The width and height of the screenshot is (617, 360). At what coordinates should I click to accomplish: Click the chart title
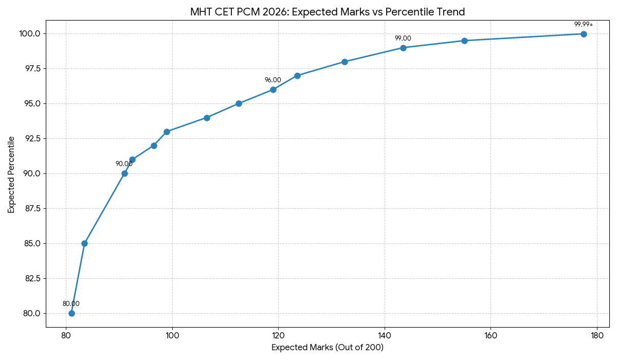[328, 12]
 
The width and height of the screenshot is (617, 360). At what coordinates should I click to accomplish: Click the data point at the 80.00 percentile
[71, 313]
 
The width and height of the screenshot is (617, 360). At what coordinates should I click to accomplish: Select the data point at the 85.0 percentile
[84, 243]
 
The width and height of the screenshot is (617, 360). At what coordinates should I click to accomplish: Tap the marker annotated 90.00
[124, 173]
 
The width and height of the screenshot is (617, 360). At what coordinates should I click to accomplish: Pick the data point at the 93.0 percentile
[167, 132]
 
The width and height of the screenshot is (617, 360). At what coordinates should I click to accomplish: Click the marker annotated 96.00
[273, 89]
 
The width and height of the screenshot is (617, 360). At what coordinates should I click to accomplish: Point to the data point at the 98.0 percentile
[344, 62]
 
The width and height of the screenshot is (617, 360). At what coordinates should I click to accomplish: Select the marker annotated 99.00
[403, 48]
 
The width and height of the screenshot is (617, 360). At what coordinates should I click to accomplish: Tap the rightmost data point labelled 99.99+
[584, 34]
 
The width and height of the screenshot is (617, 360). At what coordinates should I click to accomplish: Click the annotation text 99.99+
[584, 24]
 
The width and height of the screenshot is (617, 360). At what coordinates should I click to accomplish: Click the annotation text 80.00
[71, 304]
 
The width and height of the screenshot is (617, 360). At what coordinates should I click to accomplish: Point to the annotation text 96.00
[273, 80]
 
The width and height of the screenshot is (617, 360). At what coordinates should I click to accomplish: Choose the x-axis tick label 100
[172, 335]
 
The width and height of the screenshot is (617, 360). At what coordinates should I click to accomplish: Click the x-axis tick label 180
[597, 335]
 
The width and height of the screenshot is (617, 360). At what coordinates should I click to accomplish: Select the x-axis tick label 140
[385, 335]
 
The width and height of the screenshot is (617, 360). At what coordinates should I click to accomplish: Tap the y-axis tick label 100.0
[30, 33]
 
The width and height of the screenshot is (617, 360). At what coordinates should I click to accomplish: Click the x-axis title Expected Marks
[328, 348]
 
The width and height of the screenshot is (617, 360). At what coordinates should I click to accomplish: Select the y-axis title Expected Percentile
[11, 174]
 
